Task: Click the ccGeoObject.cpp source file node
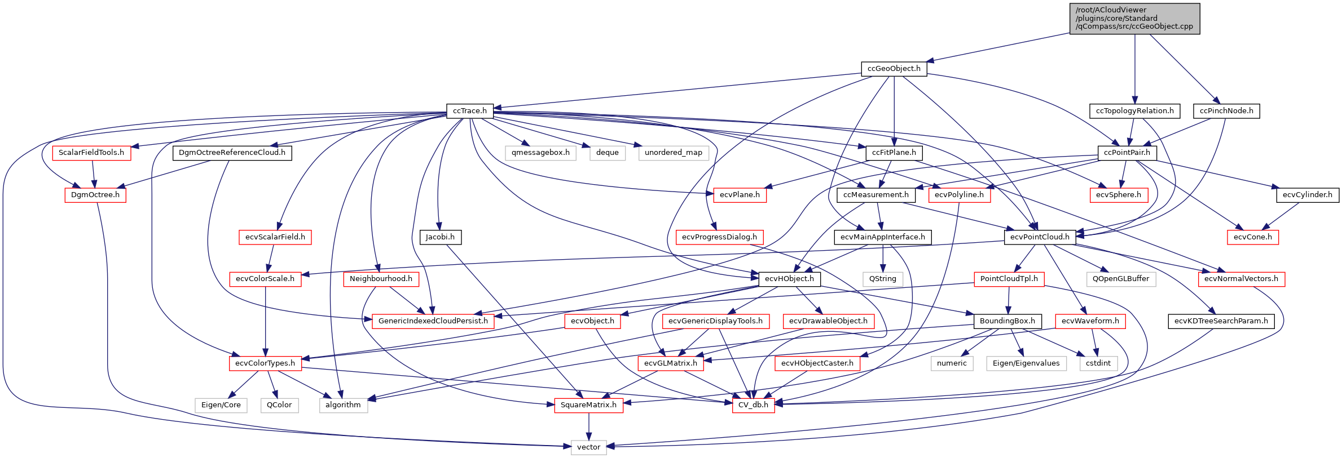[1134, 19]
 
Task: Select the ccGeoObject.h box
[894, 69]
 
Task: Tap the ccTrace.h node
[469, 111]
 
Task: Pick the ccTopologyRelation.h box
[1134, 111]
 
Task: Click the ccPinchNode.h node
[1226, 111]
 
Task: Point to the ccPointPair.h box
[1127, 153]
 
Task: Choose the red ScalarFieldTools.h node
[91, 153]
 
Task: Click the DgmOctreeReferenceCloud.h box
[232, 153]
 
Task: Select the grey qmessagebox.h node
[540, 153]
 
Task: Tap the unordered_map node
[674, 153]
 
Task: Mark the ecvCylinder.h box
[1307, 195]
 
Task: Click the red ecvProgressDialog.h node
[719, 237]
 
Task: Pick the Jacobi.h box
[440, 237]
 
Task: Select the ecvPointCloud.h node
[1040, 237]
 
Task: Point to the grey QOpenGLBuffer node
[1121, 279]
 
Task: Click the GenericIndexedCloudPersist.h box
[433, 321]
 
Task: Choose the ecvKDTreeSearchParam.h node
[1221, 321]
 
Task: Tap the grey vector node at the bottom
[588, 447]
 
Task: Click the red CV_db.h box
[753, 405]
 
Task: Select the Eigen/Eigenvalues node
[1026, 363]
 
